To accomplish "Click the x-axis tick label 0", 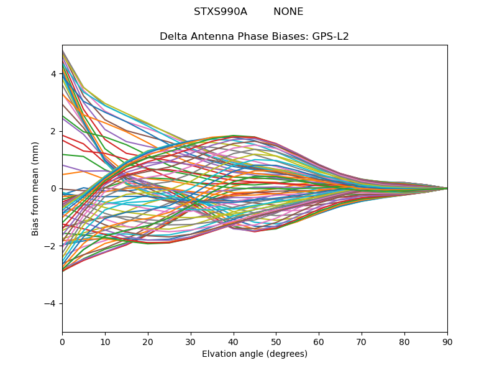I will point(62,341).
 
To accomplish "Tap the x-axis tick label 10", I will point(105,341).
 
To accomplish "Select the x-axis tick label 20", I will point(148,341).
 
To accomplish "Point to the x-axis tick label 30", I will point(191,341).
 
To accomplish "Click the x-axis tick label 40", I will point(234,341).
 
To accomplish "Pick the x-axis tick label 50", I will point(276,341).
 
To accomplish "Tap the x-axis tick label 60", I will point(319,341).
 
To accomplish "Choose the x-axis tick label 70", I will point(362,341).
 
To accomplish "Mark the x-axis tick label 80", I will point(404,341).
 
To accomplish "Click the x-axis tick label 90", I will point(447,341).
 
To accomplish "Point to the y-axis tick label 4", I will point(53,74).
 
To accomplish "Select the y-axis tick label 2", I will point(53,131).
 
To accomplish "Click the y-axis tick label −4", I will point(50,303).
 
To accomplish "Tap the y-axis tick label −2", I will point(50,246).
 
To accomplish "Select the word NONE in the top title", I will point(288,12).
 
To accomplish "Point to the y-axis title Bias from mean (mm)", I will point(36,188).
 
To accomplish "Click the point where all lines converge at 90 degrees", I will point(447,188).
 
